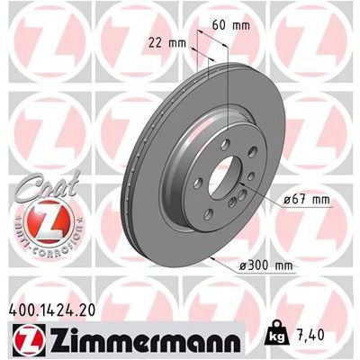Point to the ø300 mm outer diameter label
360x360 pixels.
point(268,265)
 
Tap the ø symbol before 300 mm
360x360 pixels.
point(246,265)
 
